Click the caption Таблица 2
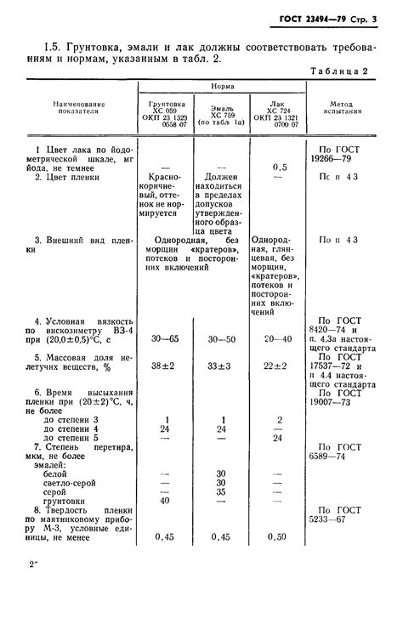tap(339, 71)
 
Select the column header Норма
tap(224, 87)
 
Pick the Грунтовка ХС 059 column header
tap(164, 115)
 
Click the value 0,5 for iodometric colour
tap(278, 167)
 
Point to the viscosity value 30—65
tap(164, 338)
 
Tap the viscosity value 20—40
tap(278, 338)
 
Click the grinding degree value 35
tap(221, 491)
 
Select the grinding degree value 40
tap(164, 501)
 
